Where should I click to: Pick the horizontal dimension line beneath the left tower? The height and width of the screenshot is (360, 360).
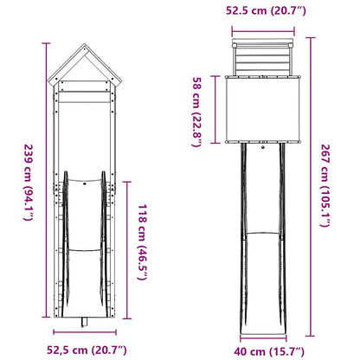pos(85,334)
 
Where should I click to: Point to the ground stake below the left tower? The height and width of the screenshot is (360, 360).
pos(85,323)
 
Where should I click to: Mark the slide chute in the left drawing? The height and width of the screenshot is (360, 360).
pos(85,251)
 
